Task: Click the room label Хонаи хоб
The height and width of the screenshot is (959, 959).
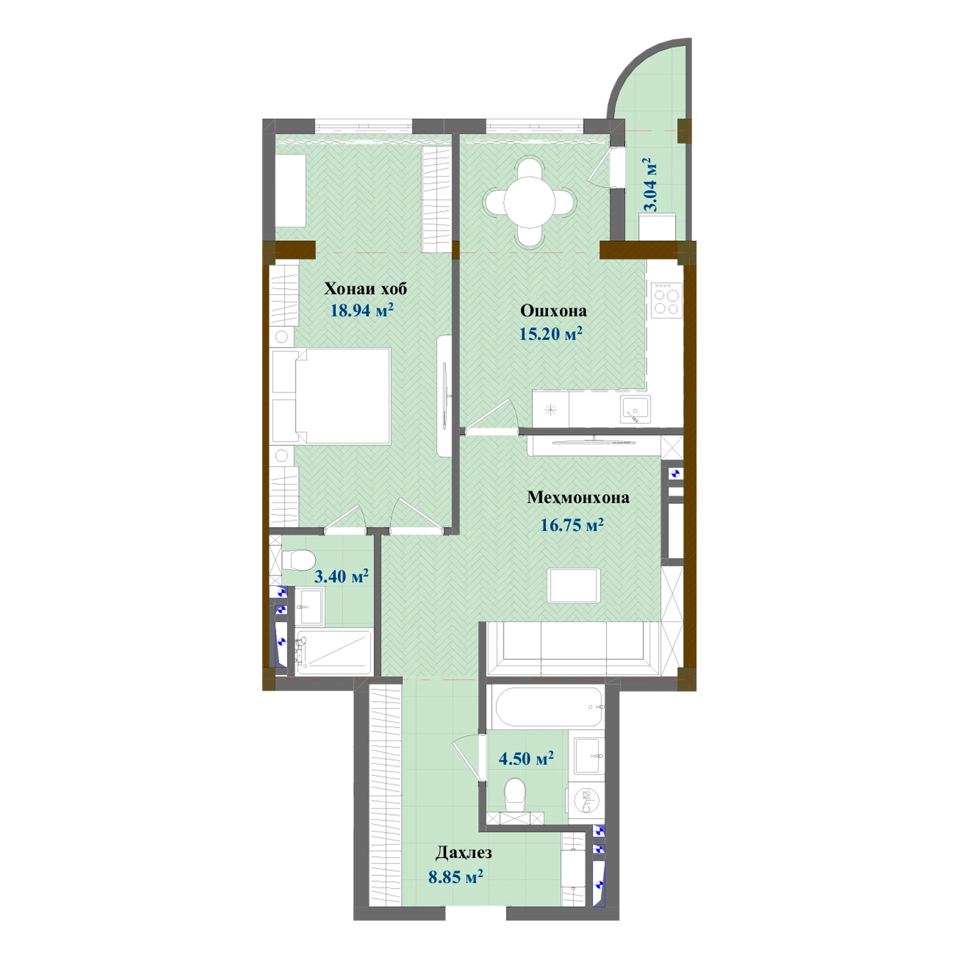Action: pyautogui.click(x=365, y=289)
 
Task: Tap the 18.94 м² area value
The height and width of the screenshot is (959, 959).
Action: pyautogui.click(x=362, y=310)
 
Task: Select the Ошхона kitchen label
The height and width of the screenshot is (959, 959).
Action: pyautogui.click(x=553, y=311)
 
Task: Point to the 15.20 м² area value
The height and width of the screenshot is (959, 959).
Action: pyautogui.click(x=550, y=333)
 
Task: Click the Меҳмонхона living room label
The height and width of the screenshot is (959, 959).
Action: pyautogui.click(x=578, y=497)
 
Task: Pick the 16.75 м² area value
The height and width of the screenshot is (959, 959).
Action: pyautogui.click(x=572, y=524)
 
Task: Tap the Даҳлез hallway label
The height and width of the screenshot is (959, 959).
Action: pyautogui.click(x=464, y=853)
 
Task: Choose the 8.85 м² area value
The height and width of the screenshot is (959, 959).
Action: pyautogui.click(x=456, y=877)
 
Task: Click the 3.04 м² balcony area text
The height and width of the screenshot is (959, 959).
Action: pyautogui.click(x=649, y=185)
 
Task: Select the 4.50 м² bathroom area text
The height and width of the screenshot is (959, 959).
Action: pyautogui.click(x=526, y=759)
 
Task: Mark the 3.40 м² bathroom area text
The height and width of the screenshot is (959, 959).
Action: pyautogui.click(x=341, y=576)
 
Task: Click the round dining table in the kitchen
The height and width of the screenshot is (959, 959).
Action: pyautogui.click(x=529, y=202)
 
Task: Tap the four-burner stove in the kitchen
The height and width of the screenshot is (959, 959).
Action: pyautogui.click(x=666, y=300)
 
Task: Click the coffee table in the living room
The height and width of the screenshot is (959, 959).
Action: pyautogui.click(x=574, y=585)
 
